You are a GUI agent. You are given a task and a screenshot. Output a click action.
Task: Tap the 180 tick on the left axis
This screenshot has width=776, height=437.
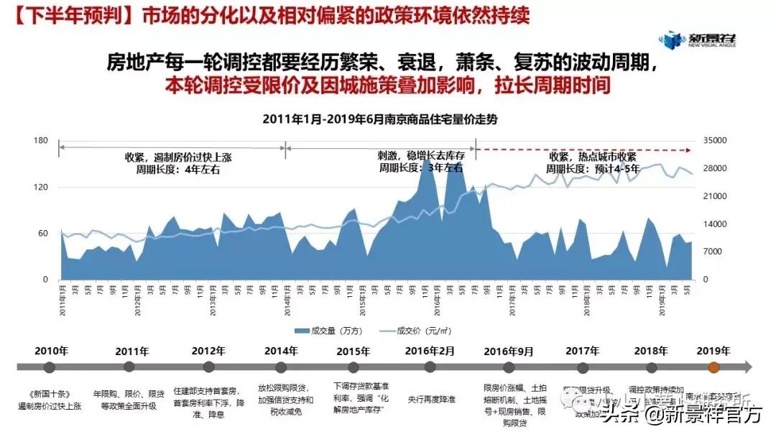[x=40, y=141]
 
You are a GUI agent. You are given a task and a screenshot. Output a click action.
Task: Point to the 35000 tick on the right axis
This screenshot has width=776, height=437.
[x=719, y=141]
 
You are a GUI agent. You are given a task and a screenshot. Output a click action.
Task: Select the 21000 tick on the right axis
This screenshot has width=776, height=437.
[x=719, y=196]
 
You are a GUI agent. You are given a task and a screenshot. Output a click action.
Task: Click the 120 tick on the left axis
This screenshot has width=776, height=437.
[x=40, y=187]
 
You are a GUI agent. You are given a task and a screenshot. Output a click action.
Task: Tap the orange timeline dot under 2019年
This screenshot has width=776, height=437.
[x=713, y=367]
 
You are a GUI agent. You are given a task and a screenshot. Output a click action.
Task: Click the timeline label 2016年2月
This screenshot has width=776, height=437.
[x=430, y=351]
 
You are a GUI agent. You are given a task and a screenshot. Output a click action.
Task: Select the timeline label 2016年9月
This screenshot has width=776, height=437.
[x=509, y=351]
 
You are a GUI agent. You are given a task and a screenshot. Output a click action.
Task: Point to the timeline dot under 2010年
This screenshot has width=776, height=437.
[x=50, y=367]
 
